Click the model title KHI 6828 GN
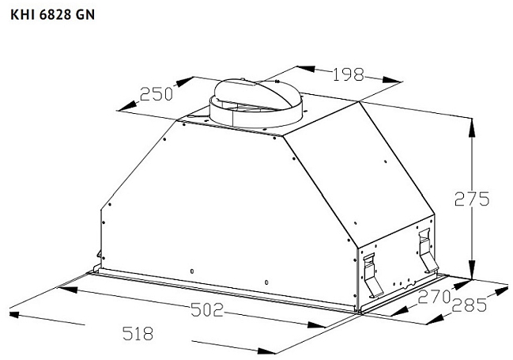[53, 15]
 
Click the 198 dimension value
[348, 74]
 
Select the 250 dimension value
[157, 94]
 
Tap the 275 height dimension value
[472, 199]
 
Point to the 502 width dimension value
[207, 309]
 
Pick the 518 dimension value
[138, 333]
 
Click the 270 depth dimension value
[434, 297]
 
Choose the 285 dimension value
[469, 305]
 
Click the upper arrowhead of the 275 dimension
[471, 127]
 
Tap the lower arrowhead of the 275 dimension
[471, 270]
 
